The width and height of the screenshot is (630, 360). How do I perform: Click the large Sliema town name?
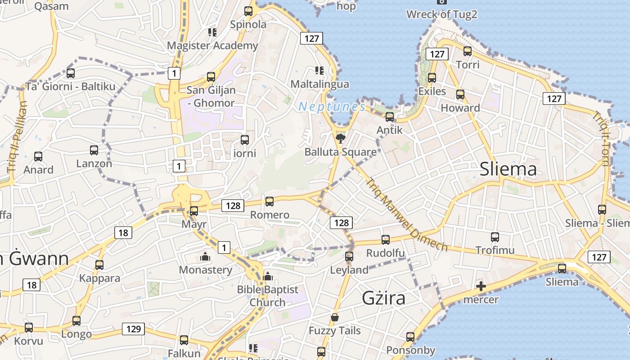(x=508, y=170)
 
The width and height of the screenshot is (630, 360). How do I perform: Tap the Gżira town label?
(x=383, y=298)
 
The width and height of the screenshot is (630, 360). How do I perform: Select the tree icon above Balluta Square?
(x=341, y=138)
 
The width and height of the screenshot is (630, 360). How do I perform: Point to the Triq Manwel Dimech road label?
(x=406, y=215)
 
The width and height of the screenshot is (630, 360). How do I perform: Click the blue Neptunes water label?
(x=332, y=107)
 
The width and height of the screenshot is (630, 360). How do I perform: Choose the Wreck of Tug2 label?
(x=441, y=14)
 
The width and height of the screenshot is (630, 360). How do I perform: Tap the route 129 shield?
(x=134, y=329)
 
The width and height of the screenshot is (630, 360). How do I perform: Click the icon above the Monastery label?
(x=205, y=257)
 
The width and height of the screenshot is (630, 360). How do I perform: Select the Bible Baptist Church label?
(x=268, y=296)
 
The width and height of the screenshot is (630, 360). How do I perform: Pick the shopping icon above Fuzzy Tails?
(x=334, y=318)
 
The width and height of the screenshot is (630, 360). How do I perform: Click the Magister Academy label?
(x=212, y=45)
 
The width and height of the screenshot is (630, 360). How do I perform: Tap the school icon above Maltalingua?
(x=319, y=71)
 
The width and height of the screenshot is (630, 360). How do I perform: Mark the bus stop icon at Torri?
(x=468, y=51)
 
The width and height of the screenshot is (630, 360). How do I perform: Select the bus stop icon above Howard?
(x=460, y=94)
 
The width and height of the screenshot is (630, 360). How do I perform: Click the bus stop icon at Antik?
(x=390, y=117)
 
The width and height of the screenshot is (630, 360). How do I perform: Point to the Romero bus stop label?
(x=270, y=215)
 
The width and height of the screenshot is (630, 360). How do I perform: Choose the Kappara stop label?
(x=99, y=278)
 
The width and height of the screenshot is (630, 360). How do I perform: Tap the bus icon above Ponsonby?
(x=410, y=337)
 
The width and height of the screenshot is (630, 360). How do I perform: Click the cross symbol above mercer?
(x=481, y=286)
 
